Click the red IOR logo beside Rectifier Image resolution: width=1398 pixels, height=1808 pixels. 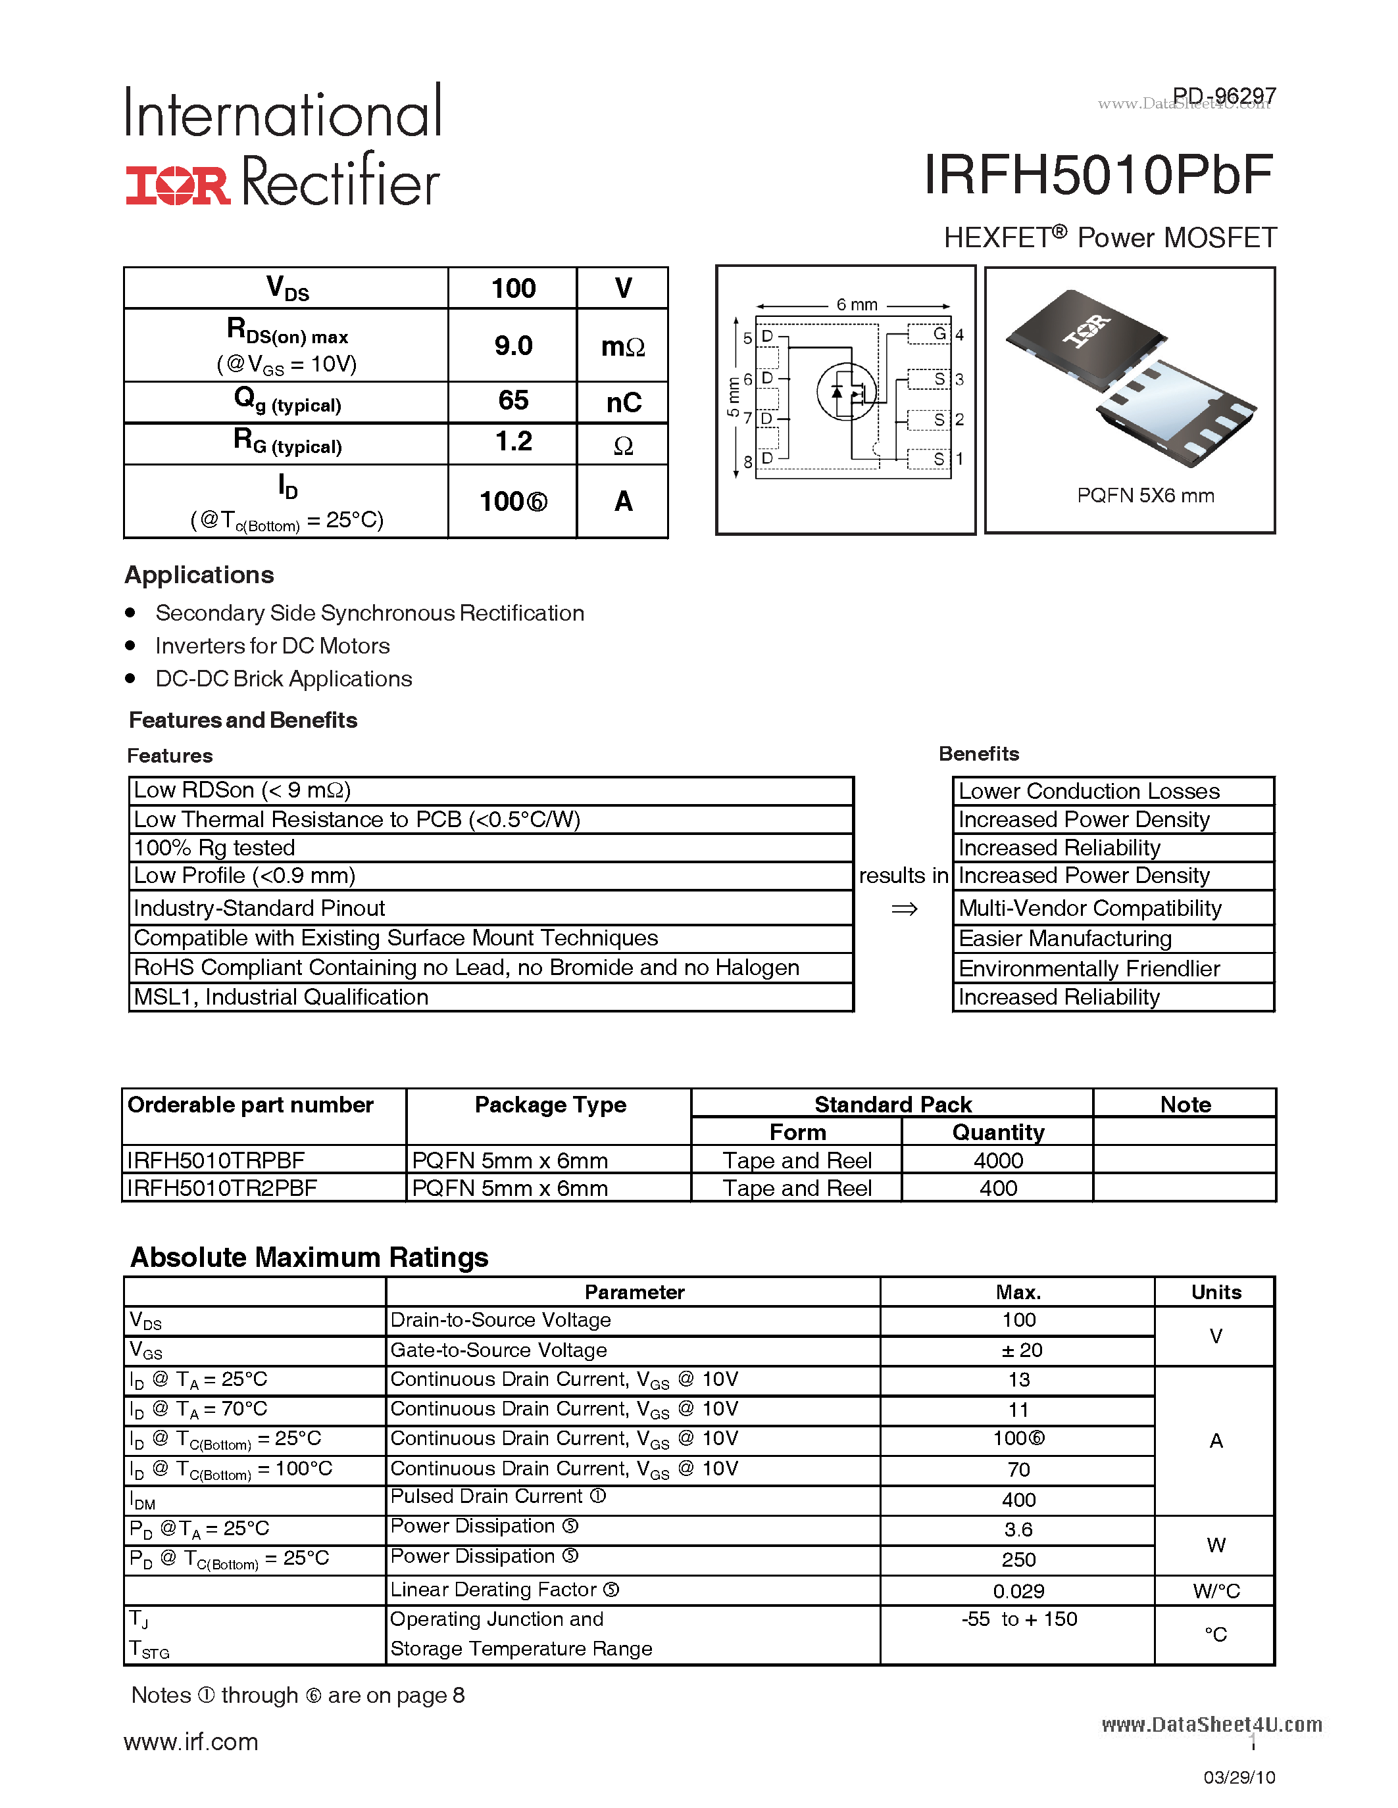pyautogui.click(x=177, y=185)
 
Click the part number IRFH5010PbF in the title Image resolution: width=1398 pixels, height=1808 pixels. pyautogui.click(x=1097, y=176)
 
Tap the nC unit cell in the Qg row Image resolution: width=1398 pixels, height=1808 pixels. pyautogui.click(x=623, y=402)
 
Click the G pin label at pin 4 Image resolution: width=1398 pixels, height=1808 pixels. pyautogui.click(x=939, y=333)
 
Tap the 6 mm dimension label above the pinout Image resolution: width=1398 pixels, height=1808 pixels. pyautogui.click(x=857, y=304)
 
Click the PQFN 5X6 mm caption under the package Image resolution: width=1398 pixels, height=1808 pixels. pyautogui.click(x=1145, y=495)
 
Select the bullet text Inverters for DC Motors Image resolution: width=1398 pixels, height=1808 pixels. pyautogui.click(x=272, y=646)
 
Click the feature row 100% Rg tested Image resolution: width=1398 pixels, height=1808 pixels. pyautogui.click(x=214, y=847)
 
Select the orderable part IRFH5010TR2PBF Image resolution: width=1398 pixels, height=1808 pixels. pyautogui.click(x=222, y=1188)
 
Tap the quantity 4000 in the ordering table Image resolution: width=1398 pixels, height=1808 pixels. pyautogui.click(x=997, y=1160)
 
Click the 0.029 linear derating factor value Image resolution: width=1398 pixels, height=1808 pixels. pyautogui.click(x=1018, y=1590)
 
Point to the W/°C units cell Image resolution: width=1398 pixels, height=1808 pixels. pyautogui.click(x=1215, y=1590)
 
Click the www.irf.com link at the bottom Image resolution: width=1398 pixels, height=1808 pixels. pyautogui.click(x=191, y=1741)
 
